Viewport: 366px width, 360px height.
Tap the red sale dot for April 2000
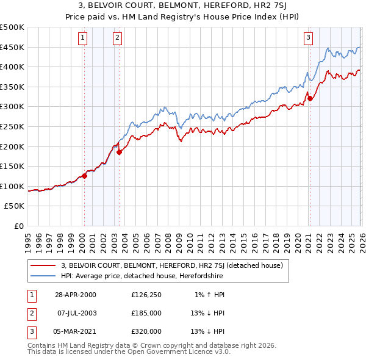click(x=85, y=176)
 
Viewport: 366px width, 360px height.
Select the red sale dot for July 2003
click(x=119, y=153)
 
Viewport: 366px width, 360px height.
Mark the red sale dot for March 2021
click(x=310, y=98)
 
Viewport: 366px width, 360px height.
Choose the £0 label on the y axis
click(x=18, y=226)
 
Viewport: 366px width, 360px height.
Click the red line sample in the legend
click(x=43, y=265)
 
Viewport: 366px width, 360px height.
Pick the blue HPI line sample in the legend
click(x=43, y=276)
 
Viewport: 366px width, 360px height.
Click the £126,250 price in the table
click(x=146, y=295)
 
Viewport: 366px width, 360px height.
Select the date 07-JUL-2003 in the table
click(x=76, y=313)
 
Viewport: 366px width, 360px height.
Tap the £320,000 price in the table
click(x=146, y=331)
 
